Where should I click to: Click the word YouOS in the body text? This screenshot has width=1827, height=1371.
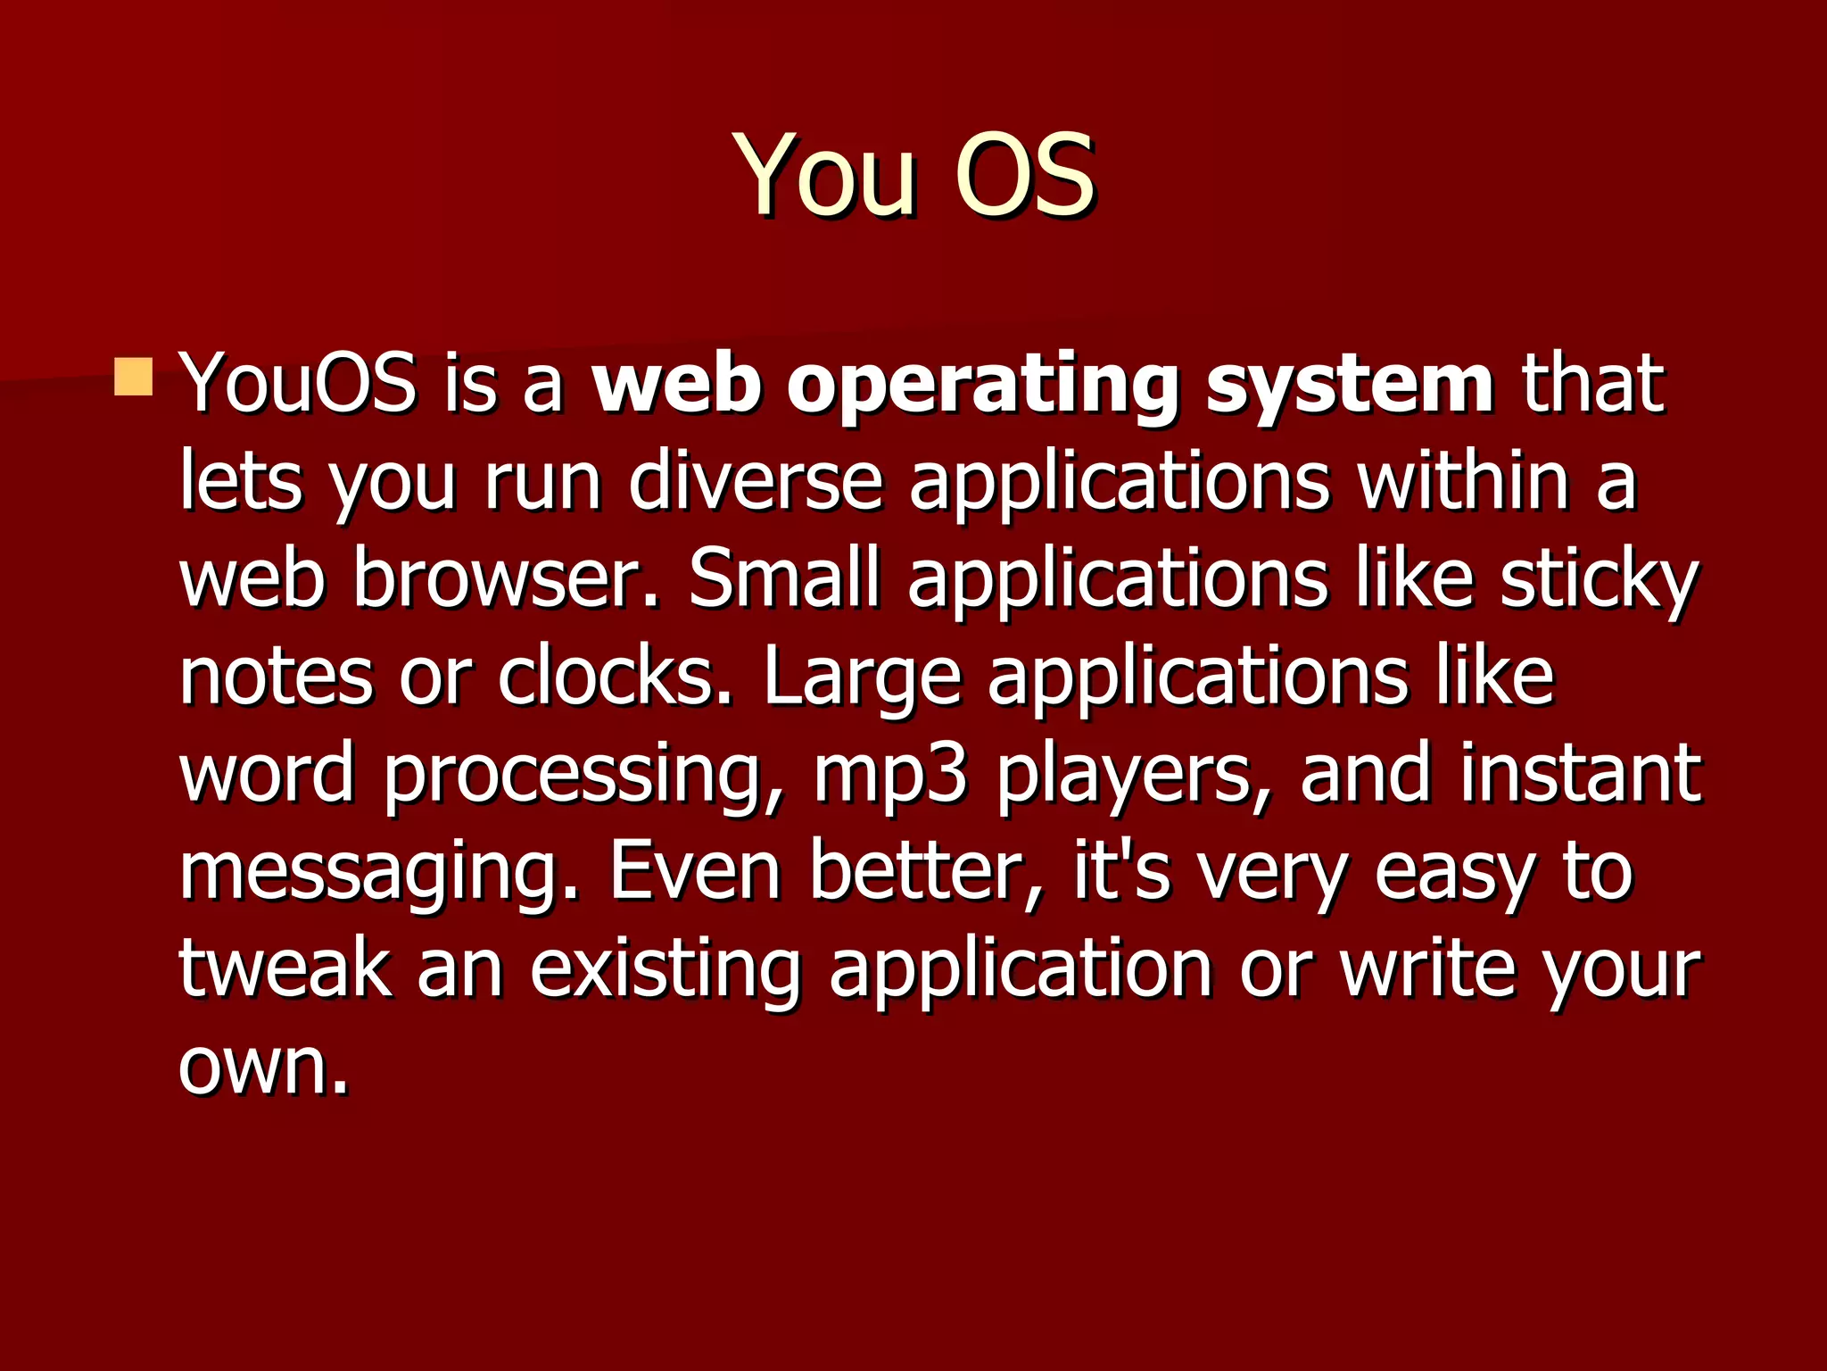[298, 384]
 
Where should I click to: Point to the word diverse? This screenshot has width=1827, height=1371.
[755, 482]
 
